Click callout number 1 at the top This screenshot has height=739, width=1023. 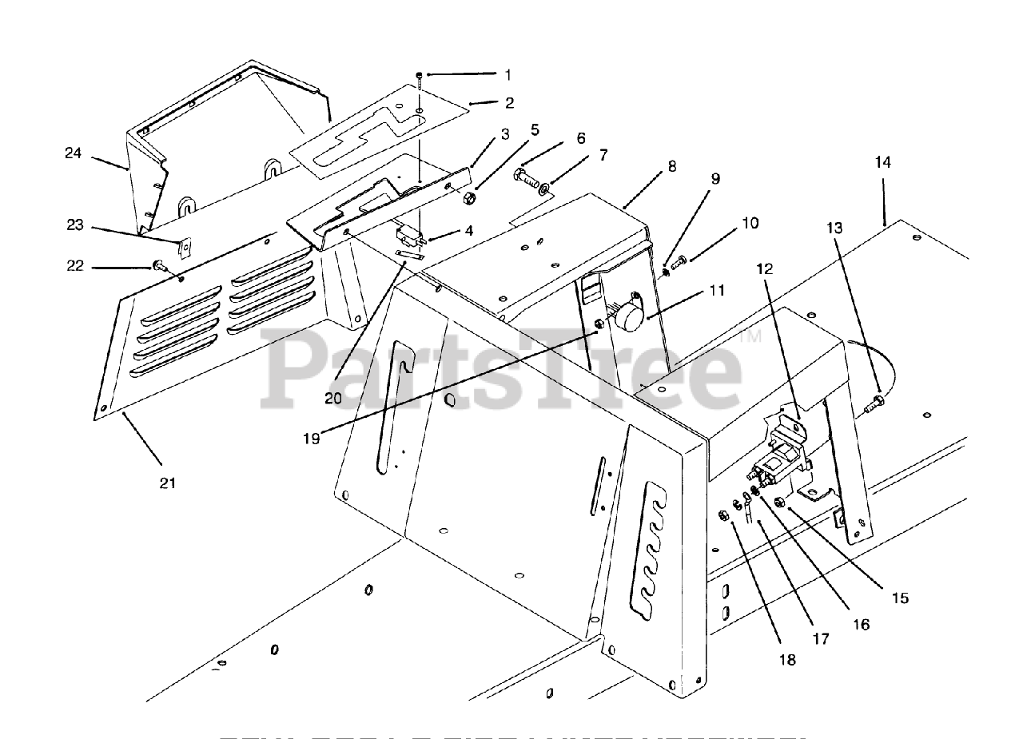(508, 74)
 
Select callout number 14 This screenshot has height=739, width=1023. (882, 162)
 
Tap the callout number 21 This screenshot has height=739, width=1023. (169, 483)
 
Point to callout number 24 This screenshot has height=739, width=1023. (74, 152)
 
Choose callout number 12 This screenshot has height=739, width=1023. (765, 269)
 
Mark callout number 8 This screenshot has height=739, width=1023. (671, 166)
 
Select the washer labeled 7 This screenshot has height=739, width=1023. (545, 189)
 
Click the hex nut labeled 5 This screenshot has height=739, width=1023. (472, 194)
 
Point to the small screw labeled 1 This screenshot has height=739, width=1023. (420, 77)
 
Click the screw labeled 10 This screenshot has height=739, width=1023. (679, 260)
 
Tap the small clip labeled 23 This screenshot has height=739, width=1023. (184, 248)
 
